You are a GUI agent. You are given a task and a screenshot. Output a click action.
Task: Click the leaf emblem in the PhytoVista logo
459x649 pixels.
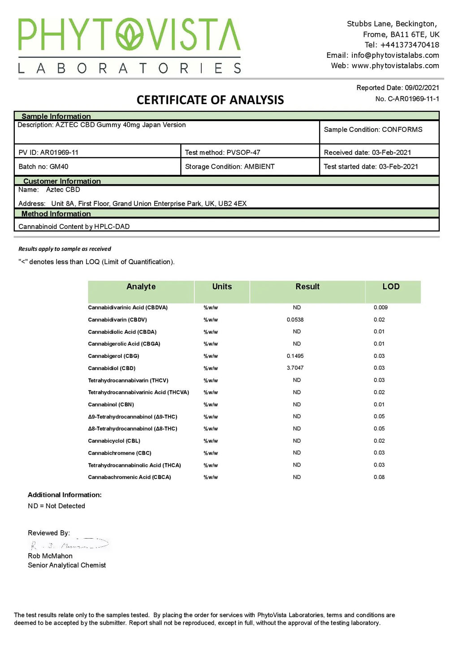(130, 34)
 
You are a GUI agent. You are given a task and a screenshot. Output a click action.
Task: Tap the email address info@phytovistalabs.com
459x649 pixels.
(395, 55)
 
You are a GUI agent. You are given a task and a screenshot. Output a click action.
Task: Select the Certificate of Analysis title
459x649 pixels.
(210, 100)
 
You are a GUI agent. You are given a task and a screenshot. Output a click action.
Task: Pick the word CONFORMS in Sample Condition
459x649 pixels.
(402, 130)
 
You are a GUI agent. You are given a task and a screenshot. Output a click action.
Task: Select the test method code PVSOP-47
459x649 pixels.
(243, 152)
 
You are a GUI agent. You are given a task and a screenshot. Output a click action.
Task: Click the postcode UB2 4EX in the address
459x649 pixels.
(232, 204)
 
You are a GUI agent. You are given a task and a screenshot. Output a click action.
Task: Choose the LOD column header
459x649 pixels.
(391, 287)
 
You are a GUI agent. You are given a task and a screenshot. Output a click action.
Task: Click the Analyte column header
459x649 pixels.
(141, 287)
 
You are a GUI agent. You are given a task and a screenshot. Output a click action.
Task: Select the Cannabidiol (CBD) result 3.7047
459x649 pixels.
(295, 368)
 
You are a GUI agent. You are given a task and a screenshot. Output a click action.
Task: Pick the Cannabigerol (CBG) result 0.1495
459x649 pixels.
(295, 356)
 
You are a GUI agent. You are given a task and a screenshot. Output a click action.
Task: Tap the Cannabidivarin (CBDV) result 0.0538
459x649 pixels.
(295, 320)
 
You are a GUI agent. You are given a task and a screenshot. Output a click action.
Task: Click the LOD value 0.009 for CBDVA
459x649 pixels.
(381, 307)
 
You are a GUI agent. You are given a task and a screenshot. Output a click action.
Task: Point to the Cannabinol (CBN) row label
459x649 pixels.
(111, 405)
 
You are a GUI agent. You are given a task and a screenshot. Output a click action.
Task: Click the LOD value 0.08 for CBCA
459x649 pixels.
(379, 477)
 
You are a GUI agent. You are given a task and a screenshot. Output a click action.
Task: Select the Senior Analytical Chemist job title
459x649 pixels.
(67, 565)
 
